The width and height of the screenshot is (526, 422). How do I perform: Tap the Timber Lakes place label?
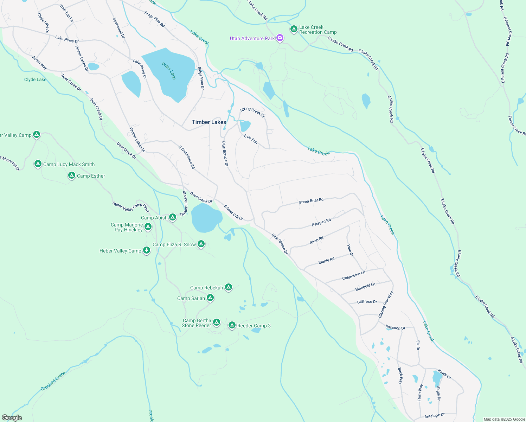209,122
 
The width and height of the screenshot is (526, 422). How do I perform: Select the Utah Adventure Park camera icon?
280,38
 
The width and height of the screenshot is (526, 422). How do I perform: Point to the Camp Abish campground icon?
173,217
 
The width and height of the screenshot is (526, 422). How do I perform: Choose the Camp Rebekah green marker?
229,287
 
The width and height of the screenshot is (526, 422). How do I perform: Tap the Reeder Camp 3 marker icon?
232,325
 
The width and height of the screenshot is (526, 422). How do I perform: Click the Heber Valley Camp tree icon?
147,250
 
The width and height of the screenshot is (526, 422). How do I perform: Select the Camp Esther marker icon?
72,175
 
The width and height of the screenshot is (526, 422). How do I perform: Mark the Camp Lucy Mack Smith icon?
38,164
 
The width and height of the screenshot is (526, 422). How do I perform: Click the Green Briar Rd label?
311,201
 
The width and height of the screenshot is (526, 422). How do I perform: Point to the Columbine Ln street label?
354,275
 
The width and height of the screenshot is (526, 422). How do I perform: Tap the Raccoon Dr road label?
395,327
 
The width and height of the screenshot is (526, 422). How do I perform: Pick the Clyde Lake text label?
35,79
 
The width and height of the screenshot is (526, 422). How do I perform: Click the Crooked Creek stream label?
53,381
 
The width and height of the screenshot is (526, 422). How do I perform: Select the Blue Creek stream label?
319,152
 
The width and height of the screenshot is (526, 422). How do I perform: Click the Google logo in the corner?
12,418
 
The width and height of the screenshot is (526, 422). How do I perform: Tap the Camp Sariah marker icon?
210,298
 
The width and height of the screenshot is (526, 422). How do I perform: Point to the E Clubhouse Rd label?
187,157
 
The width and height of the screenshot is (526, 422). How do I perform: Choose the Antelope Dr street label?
434,416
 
